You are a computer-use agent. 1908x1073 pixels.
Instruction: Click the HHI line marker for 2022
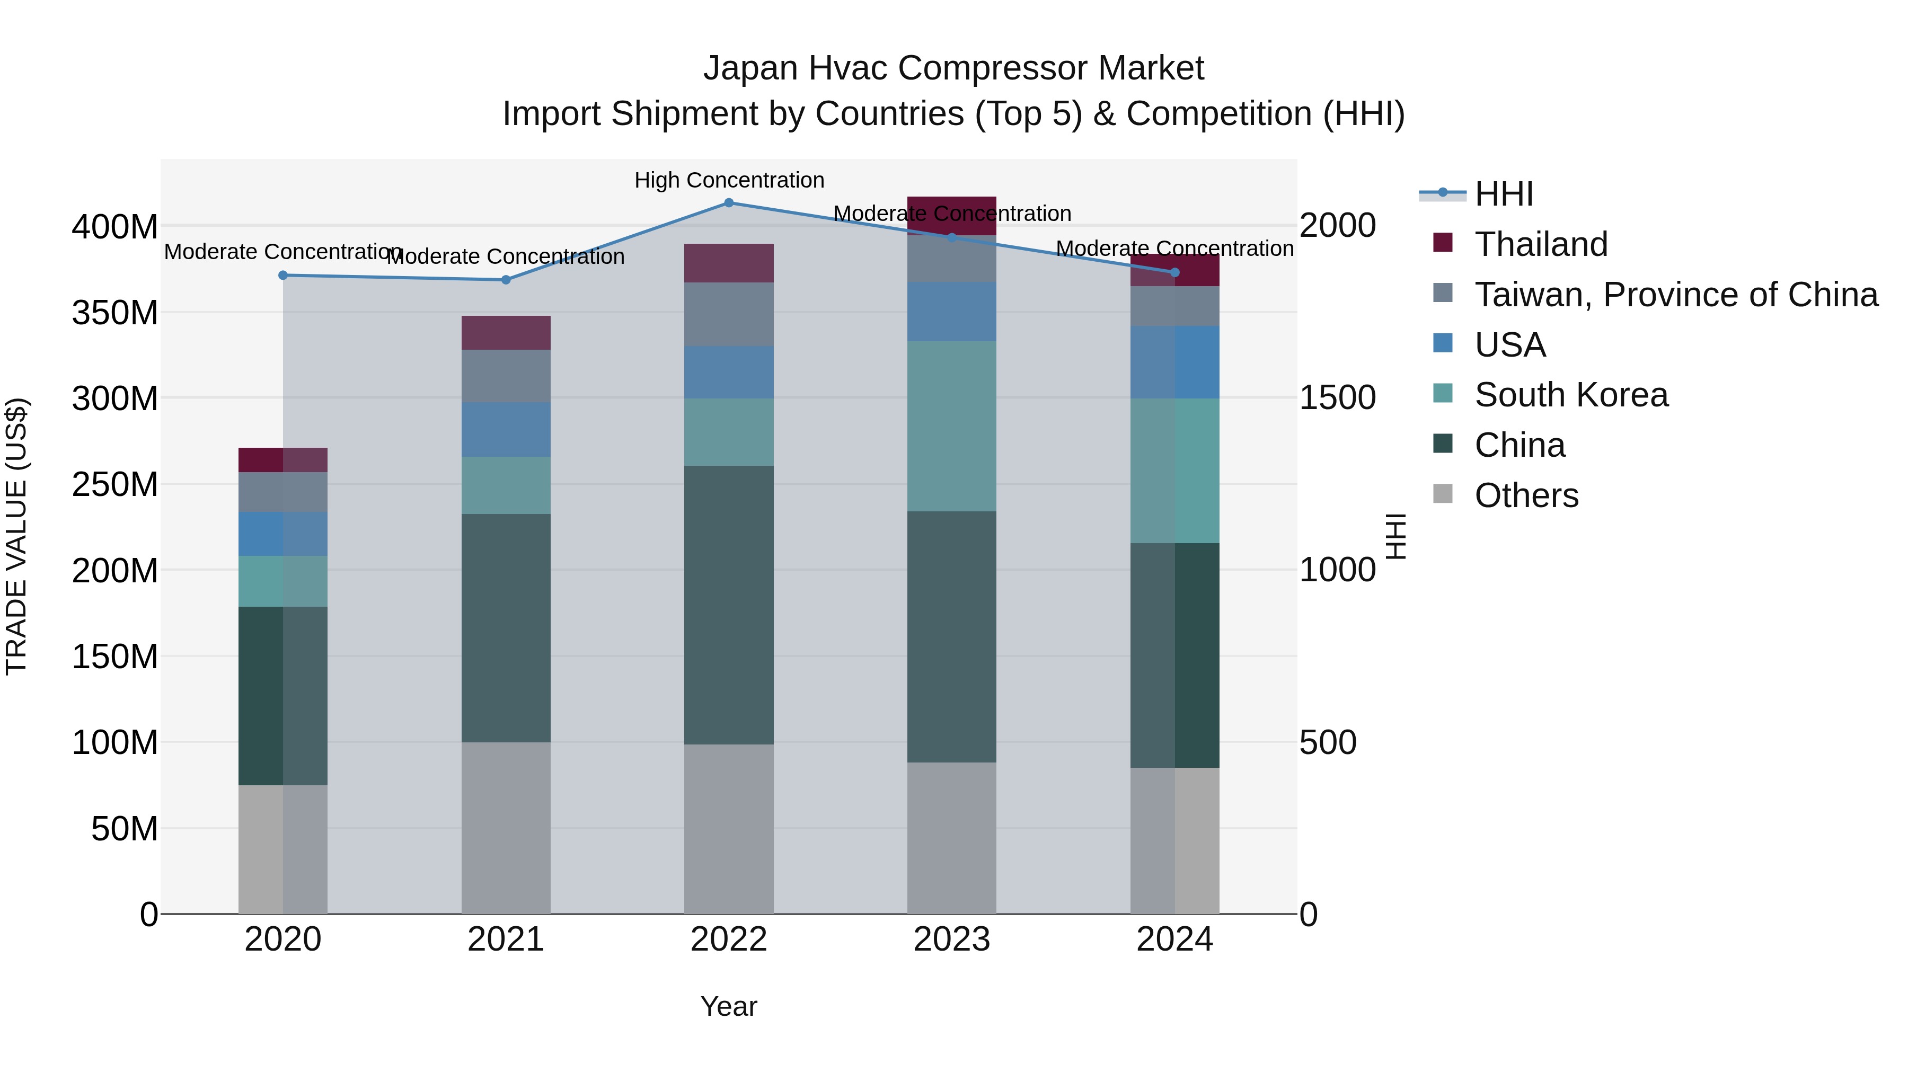click(x=729, y=203)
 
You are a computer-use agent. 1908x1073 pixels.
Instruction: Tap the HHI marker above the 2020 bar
click(x=283, y=276)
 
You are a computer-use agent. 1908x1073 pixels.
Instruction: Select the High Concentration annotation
click(x=729, y=181)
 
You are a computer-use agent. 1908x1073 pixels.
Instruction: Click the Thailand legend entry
click(x=1541, y=244)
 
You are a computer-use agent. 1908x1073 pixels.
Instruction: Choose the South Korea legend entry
click(x=1570, y=395)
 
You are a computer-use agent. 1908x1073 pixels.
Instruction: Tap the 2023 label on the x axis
click(x=952, y=939)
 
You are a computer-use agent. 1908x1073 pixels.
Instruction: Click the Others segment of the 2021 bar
click(x=506, y=827)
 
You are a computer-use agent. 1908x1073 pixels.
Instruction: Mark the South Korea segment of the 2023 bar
click(x=952, y=426)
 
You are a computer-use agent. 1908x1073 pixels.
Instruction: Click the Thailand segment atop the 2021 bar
click(x=506, y=332)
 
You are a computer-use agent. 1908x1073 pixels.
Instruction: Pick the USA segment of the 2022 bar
click(x=729, y=372)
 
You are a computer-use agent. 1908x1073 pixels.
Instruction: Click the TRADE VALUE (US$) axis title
click(x=16, y=536)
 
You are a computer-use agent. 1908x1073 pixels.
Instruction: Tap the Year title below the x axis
click(x=729, y=1006)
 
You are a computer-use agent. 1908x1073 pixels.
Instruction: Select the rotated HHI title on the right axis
click(x=1395, y=536)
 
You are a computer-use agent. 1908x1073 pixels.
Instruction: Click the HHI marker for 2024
click(x=1174, y=272)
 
